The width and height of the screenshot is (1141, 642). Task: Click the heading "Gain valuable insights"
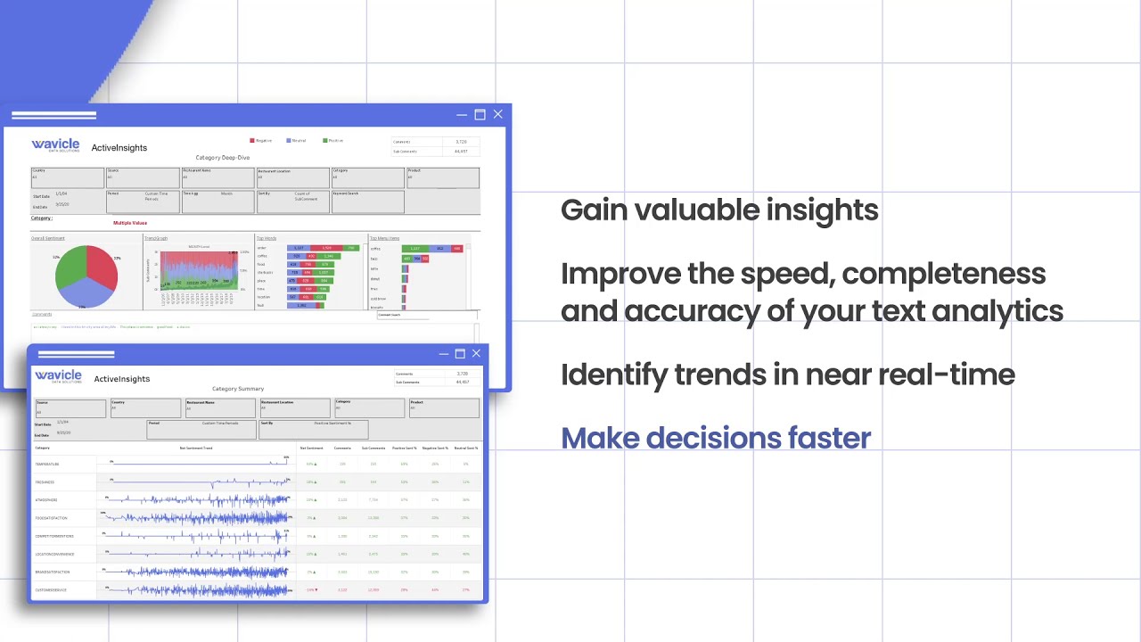[x=719, y=210]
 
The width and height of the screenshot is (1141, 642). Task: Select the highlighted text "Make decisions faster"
[x=716, y=438]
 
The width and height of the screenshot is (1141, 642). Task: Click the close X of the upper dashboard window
[x=497, y=114]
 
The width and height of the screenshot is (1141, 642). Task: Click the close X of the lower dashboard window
[x=476, y=354]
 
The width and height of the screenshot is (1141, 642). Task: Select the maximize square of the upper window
[x=480, y=114]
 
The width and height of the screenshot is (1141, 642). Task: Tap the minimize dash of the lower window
[x=444, y=354]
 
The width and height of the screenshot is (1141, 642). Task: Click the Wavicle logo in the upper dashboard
[x=55, y=146]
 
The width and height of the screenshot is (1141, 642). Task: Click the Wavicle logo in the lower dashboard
[x=58, y=377]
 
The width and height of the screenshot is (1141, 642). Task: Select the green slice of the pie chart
[x=70, y=269]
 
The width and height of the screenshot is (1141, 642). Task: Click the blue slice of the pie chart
[x=89, y=293]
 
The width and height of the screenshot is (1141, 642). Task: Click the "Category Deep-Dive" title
[x=223, y=158]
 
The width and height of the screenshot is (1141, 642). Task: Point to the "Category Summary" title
[x=238, y=389]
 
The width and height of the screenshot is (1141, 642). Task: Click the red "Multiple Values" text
[x=130, y=223]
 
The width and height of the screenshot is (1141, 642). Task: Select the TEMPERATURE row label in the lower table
[x=47, y=465]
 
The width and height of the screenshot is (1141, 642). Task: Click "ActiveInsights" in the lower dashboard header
[x=122, y=379]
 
